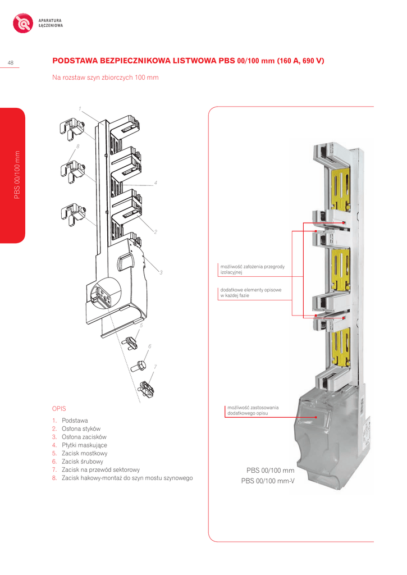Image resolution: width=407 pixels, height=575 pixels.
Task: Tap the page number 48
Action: click(11, 62)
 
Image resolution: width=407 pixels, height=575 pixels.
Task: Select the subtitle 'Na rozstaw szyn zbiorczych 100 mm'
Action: click(105, 77)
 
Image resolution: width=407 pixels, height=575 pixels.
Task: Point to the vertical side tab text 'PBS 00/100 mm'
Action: click(17, 175)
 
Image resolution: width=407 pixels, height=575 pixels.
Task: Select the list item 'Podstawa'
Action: click(75, 420)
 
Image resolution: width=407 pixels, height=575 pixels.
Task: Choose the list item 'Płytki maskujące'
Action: click(84, 445)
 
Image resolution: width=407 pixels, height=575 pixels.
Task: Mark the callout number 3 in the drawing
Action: click(161, 273)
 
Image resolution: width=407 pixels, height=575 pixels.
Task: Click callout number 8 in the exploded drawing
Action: click(77, 146)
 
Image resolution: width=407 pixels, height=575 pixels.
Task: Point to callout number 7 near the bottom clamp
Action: click(154, 367)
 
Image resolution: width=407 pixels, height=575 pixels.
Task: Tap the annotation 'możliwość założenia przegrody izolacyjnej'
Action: click(252, 269)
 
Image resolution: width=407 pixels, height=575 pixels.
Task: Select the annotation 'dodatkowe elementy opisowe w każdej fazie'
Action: click(250, 293)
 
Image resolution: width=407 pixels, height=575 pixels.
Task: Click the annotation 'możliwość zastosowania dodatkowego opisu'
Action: click(253, 410)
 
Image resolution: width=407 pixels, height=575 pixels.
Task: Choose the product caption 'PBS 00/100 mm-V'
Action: click(268, 481)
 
